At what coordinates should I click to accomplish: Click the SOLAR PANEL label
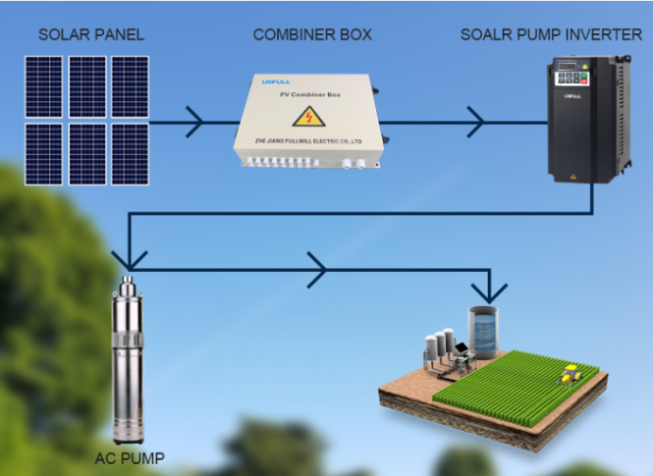(91, 34)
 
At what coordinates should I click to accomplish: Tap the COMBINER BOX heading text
(312, 34)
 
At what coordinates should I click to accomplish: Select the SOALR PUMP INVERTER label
(553, 34)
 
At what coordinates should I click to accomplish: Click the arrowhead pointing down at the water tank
(487, 291)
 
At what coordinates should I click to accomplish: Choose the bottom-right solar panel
(129, 152)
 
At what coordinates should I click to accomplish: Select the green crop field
(511, 388)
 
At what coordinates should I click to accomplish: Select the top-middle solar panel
(86, 86)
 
